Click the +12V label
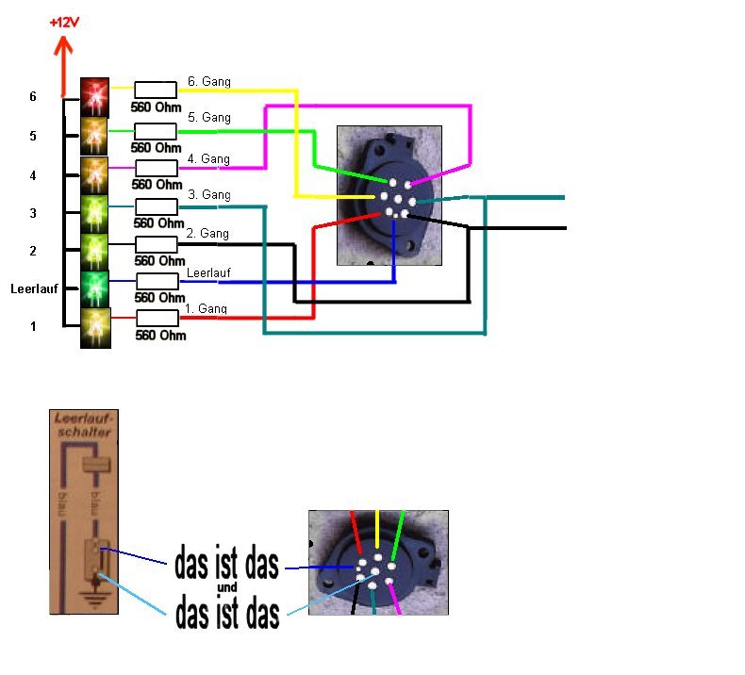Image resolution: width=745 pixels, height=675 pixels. pos(63,20)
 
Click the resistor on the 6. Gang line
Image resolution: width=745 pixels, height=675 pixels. pos(157,91)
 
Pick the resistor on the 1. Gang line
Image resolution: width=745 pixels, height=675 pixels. pos(157,319)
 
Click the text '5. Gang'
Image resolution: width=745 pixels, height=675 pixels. pos(208,118)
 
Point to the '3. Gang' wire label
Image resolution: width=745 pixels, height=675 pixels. pos(208,194)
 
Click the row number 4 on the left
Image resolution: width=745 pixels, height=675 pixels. pos(33,175)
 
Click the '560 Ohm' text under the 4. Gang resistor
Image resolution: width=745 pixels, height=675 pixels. pos(156,185)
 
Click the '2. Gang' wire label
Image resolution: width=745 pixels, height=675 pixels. pos(208,233)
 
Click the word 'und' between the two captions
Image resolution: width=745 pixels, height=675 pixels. pos(226,588)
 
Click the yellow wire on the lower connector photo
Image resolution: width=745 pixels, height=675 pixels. pos(377,533)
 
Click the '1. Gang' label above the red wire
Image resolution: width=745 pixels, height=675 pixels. pos(207,309)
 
